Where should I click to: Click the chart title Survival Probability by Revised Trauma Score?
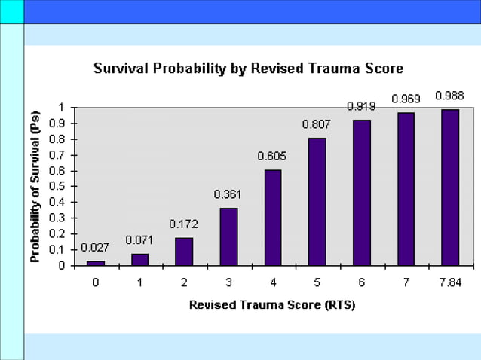coord(248,69)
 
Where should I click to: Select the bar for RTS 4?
coord(273,218)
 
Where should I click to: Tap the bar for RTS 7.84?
coord(450,188)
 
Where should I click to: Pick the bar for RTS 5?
coord(317,201)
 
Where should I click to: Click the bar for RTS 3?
coord(228,236)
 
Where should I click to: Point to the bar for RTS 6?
coord(362,192)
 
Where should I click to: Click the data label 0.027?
coord(95,248)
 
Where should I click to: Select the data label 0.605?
coord(272,157)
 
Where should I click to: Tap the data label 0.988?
coord(449,96)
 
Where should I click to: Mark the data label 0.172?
coord(183,224)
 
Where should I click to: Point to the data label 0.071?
coord(139,240)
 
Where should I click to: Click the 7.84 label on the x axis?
coord(450,282)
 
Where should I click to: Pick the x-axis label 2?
coord(184,282)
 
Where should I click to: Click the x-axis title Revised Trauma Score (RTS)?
coord(271,306)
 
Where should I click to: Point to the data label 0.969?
coord(406,99)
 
